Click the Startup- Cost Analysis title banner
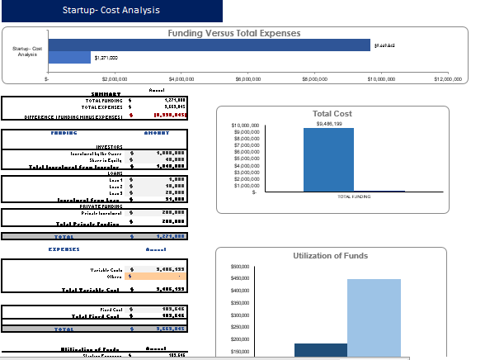click(x=111, y=11)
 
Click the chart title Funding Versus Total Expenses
click(x=234, y=34)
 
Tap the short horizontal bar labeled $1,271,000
click(x=69, y=57)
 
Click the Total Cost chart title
click(x=332, y=114)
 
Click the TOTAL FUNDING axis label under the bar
click(x=354, y=197)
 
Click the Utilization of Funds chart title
click(x=332, y=256)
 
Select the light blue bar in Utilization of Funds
click(x=374, y=318)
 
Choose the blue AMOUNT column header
click(x=157, y=132)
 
